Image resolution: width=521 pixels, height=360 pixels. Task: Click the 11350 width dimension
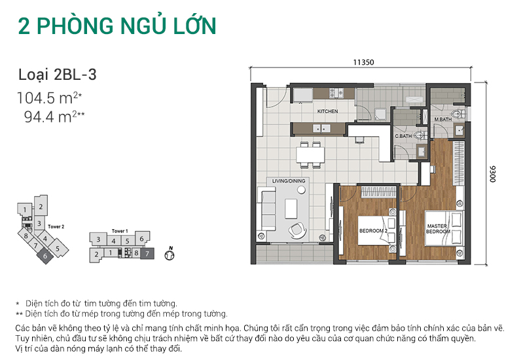[x=363, y=63]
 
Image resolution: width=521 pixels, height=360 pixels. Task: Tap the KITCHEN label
[x=327, y=111]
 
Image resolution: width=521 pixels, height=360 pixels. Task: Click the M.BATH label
[x=443, y=119]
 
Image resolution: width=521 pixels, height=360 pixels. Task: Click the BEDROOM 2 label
[x=373, y=231]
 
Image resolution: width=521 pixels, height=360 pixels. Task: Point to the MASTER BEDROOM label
[x=437, y=229]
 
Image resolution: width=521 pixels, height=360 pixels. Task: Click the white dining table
[x=310, y=156]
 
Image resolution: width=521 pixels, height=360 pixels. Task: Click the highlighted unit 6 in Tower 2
[x=44, y=257]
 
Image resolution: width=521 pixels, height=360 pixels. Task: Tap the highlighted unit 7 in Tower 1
[x=147, y=253]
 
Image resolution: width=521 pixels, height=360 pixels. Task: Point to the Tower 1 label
[x=119, y=231]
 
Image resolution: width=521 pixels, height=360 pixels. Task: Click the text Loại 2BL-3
[x=57, y=75]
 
